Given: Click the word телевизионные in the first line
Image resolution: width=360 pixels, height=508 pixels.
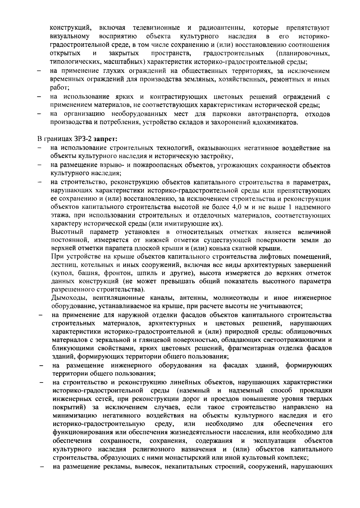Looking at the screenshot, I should pyautogui.click(x=156, y=28).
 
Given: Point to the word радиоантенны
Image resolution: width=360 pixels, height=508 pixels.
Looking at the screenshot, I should pyautogui.click(x=222, y=28).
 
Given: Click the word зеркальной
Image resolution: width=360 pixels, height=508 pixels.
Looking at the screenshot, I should pyautogui.click(x=120, y=340).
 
